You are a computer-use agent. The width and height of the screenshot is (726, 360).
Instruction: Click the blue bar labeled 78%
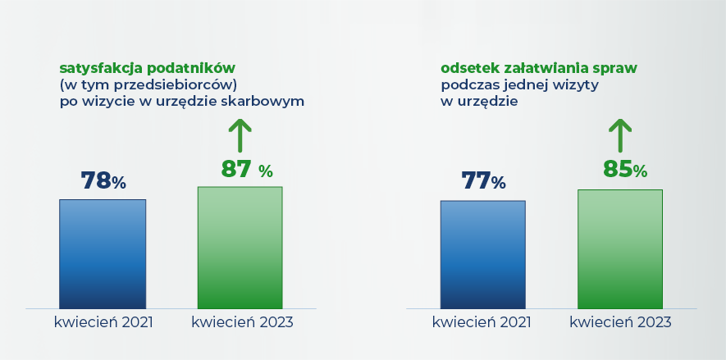coord(103,253)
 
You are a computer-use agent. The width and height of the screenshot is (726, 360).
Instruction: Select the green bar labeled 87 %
coord(240,248)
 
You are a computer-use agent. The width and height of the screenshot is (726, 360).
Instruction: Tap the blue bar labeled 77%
coord(482,254)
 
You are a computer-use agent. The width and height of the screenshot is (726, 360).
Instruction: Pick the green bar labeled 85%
coord(619,248)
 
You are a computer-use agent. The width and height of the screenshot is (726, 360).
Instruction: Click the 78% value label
coord(103,181)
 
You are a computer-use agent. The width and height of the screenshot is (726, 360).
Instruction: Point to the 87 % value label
coord(246,169)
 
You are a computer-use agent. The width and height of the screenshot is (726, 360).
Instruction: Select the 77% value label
coord(483,181)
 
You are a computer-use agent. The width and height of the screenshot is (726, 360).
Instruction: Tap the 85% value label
coord(625,169)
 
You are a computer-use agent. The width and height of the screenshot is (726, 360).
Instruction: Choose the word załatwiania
coord(542,67)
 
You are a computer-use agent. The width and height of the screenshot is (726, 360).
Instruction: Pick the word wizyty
coord(576,84)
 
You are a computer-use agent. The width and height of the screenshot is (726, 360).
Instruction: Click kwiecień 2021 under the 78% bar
coord(103,322)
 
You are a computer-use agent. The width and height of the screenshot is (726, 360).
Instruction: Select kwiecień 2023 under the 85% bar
coord(620,322)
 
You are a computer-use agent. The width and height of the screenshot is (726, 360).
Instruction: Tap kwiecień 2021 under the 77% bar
coord(482,322)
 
